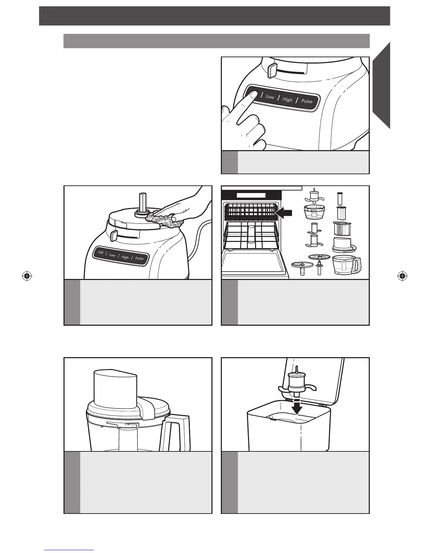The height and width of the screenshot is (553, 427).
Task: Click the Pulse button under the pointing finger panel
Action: coord(307,101)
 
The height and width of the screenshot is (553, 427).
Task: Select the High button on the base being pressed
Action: coord(287,99)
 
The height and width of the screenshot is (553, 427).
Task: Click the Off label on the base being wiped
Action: coord(100,252)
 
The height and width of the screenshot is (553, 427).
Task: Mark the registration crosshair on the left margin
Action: coord(27,276)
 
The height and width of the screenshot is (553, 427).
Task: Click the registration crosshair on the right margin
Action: coord(402,276)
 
